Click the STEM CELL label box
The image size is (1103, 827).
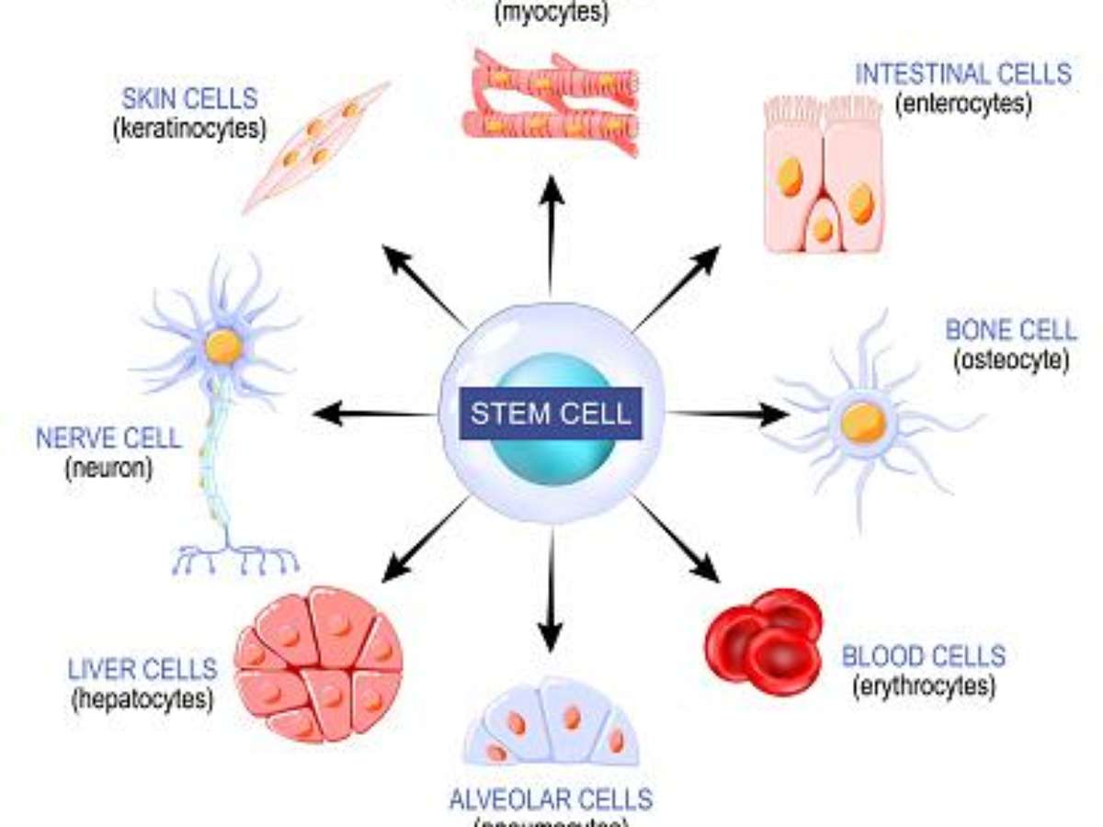551,413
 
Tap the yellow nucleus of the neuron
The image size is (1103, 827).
223,346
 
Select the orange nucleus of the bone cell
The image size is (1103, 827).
863,423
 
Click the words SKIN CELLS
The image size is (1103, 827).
189,97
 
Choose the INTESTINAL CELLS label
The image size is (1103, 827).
962,74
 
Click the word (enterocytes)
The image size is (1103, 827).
962,103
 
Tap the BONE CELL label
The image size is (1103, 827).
1010,330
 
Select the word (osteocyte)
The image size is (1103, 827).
1010,359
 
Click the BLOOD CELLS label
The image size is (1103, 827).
923,656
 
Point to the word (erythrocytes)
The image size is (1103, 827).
923,685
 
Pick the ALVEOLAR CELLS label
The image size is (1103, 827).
551,798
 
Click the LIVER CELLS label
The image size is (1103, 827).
142,668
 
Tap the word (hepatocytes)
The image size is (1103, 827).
142,698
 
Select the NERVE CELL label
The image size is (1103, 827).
108,437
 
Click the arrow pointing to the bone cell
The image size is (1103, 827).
726,414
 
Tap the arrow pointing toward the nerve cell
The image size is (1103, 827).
372,414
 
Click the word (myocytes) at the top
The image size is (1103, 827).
551,13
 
